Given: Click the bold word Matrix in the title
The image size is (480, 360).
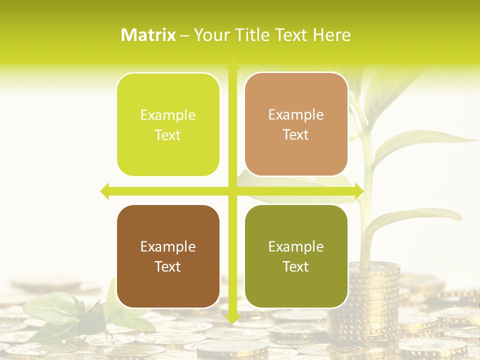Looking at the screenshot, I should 148,35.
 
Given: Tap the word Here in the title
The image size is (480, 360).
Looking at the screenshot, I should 332,35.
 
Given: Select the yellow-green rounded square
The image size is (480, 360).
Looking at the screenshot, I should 168,124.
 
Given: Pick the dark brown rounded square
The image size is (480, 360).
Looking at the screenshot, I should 168,256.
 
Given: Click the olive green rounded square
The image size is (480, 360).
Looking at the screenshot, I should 296,256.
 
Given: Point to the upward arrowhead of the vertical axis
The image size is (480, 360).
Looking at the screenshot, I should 232,65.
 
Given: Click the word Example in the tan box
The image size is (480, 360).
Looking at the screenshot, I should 296,114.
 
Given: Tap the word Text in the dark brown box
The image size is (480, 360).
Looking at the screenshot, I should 168,266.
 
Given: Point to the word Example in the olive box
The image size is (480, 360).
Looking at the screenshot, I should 296,246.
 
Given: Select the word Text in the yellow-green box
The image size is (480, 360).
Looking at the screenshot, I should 168,135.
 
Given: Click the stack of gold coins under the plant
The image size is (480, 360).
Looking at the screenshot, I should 374,290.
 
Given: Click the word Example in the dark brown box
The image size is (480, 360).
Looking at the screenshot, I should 168,246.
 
